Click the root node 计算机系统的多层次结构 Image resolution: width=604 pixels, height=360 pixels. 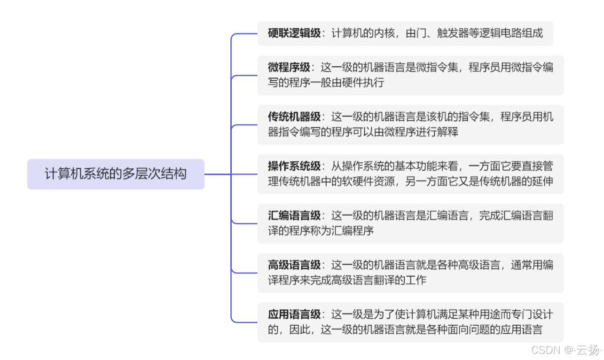tap(116, 174)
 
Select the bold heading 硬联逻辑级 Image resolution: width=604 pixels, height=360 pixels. tap(294, 33)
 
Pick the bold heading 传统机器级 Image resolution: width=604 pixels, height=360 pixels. tap(294, 117)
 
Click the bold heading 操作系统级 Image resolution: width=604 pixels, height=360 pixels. tap(294, 166)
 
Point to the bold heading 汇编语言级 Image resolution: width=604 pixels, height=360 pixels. tap(294, 215)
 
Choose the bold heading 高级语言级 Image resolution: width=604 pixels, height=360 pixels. tap(294, 265)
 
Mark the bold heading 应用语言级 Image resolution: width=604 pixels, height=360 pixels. tap(294, 314)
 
